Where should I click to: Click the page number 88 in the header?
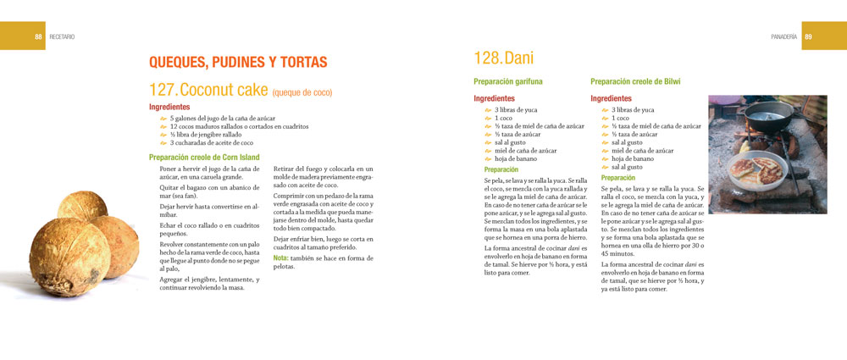[39, 36]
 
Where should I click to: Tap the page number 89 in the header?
[808, 36]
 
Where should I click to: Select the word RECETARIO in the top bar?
[62, 36]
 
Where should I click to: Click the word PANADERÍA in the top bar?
[783, 36]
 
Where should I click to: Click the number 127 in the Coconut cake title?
[163, 89]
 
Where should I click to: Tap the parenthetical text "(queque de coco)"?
[302, 92]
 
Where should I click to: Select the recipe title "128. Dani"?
[503, 58]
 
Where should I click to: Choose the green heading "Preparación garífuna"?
[508, 81]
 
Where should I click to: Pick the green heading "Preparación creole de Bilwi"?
[635, 81]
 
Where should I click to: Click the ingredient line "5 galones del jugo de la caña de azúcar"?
[222, 119]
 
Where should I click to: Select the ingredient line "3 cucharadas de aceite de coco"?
[211, 142]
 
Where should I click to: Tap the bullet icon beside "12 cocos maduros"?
[164, 127]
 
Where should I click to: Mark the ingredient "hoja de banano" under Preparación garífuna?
[518, 158]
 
